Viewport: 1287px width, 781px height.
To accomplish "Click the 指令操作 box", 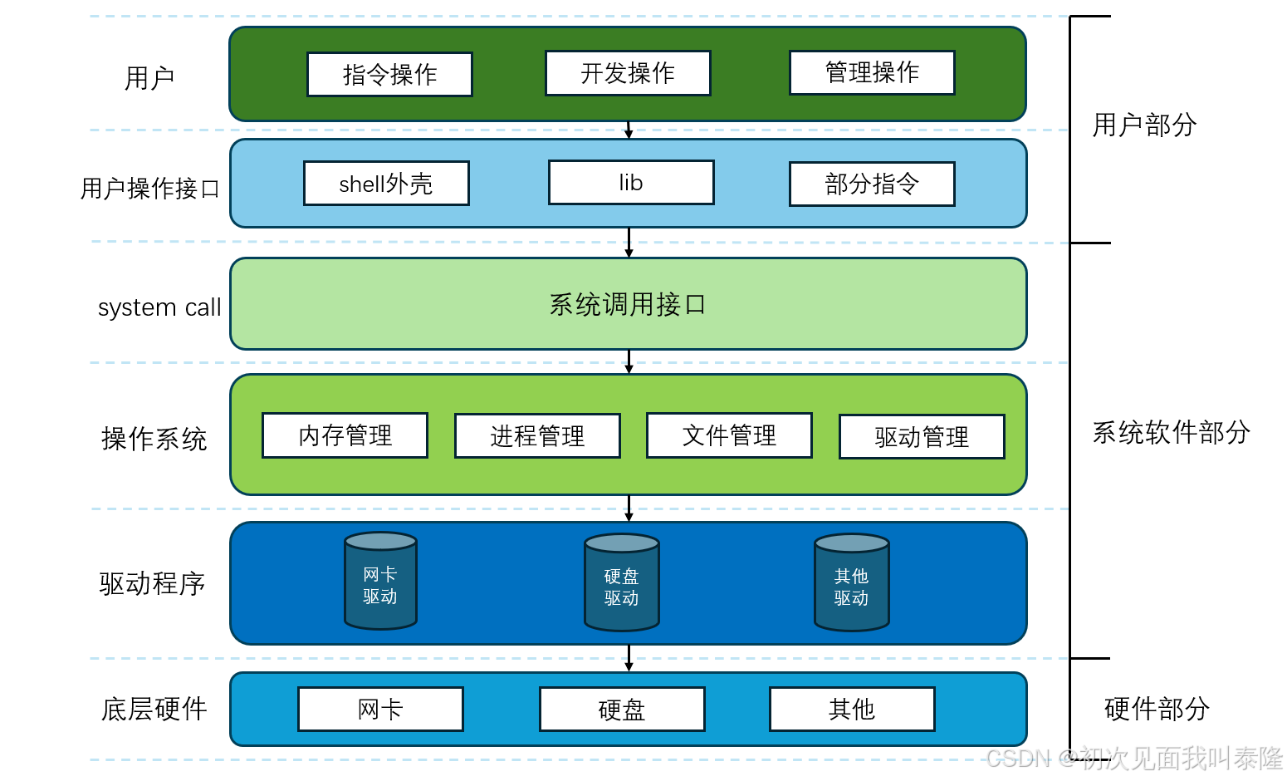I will click(389, 75).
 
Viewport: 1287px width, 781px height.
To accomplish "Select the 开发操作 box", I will click(628, 73).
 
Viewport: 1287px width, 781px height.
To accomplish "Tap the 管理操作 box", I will click(872, 73).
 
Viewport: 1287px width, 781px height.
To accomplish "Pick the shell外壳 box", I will click(386, 184).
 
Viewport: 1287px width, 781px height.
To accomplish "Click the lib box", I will click(631, 183).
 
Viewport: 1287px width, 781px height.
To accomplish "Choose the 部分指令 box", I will click(872, 184).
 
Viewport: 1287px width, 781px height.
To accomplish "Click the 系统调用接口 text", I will click(628, 305).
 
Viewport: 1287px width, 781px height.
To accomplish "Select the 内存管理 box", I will click(345, 435).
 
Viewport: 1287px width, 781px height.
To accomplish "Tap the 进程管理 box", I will click(537, 436).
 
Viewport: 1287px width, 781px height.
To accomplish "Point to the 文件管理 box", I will click(729, 435).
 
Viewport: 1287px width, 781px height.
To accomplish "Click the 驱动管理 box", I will click(922, 437).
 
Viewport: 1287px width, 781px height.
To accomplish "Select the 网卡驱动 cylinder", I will click(380, 582).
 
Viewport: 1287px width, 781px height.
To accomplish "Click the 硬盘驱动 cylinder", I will click(621, 583).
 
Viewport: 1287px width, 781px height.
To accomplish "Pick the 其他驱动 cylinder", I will click(851, 583).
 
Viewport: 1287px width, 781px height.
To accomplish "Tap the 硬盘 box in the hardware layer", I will click(622, 710).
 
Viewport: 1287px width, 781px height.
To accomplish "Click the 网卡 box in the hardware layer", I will click(380, 710).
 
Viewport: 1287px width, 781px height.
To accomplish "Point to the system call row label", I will click(159, 307).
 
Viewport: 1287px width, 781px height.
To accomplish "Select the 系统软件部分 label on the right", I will click(1171, 432).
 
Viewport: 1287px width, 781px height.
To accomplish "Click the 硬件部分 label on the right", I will click(1157, 709).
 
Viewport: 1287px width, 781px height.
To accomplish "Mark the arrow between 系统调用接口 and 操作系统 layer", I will click(629, 361).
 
